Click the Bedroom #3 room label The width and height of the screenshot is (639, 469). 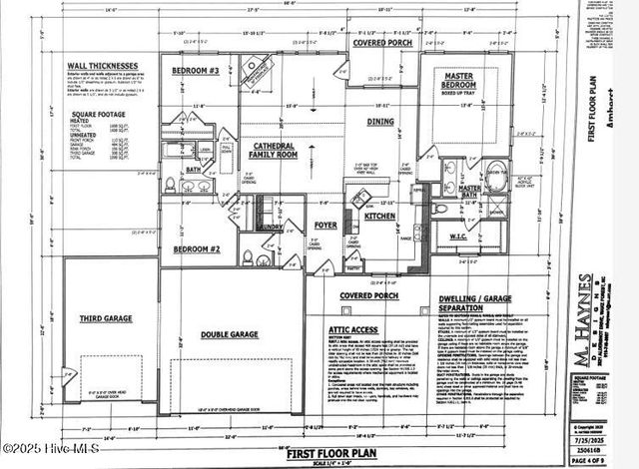(x=196, y=71)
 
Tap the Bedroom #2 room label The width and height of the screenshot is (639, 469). (x=197, y=247)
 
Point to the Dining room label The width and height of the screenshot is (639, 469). (x=380, y=122)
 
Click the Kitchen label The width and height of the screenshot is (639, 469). (x=379, y=216)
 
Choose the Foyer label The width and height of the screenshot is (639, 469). (x=325, y=226)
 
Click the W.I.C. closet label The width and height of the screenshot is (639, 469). (x=465, y=236)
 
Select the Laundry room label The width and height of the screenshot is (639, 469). (x=271, y=227)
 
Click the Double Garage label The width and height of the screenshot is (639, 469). (x=229, y=335)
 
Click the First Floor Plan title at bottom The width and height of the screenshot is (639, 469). (x=322, y=454)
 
